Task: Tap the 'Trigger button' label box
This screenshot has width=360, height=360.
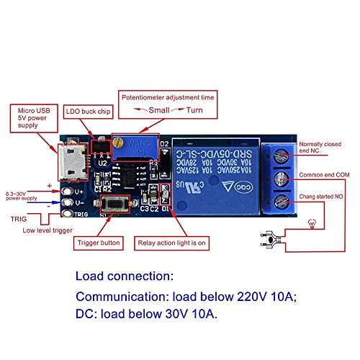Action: click(x=100, y=243)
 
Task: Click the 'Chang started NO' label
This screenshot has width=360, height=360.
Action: click(x=323, y=197)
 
